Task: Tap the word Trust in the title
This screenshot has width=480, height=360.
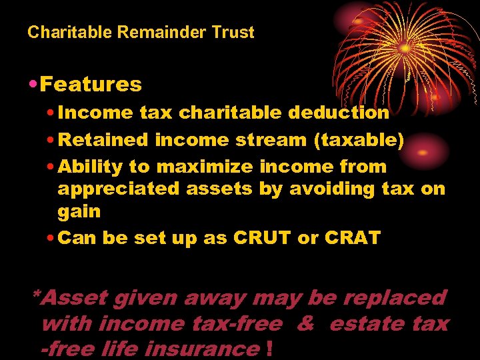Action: (x=234, y=32)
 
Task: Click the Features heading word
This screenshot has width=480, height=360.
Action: (x=91, y=85)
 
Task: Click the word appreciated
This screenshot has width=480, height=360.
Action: (x=118, y=189)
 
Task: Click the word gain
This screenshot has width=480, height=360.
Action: (x=79, y=212)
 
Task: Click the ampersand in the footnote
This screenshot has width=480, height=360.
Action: (x=305, y=324)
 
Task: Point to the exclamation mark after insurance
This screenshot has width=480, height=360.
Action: (x=268, y=348)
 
